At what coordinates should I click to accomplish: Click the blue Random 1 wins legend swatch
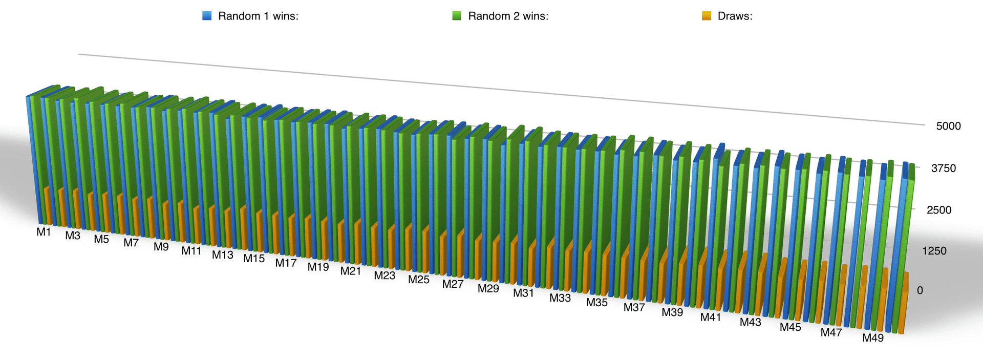click(207, 16)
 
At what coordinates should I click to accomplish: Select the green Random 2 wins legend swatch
click(457, 16)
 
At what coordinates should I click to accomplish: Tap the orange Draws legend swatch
click(707, 16)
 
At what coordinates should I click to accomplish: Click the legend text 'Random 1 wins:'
click(258, 16)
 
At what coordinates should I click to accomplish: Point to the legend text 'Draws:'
click(735, 16)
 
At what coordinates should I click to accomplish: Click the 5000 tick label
click(948, 126)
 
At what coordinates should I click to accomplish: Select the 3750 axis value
click(943, 168)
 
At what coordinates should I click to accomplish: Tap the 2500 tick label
click(939, 210)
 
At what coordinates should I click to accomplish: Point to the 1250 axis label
click(934, 251)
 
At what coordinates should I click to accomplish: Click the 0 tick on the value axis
click(920, 290)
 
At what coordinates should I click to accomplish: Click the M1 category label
click(44, 232)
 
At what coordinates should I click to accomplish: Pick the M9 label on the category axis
click(161, 247)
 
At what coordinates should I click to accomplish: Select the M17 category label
click(286, 263)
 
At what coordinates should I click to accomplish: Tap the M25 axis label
click(419, 280)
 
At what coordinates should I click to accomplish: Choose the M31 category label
click(524, 293)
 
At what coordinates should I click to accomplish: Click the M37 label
click(634, 307)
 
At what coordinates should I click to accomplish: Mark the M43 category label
click(751, 322)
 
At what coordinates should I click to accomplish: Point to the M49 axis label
click(873, 337)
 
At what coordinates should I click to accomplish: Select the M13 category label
click(223, 255)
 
